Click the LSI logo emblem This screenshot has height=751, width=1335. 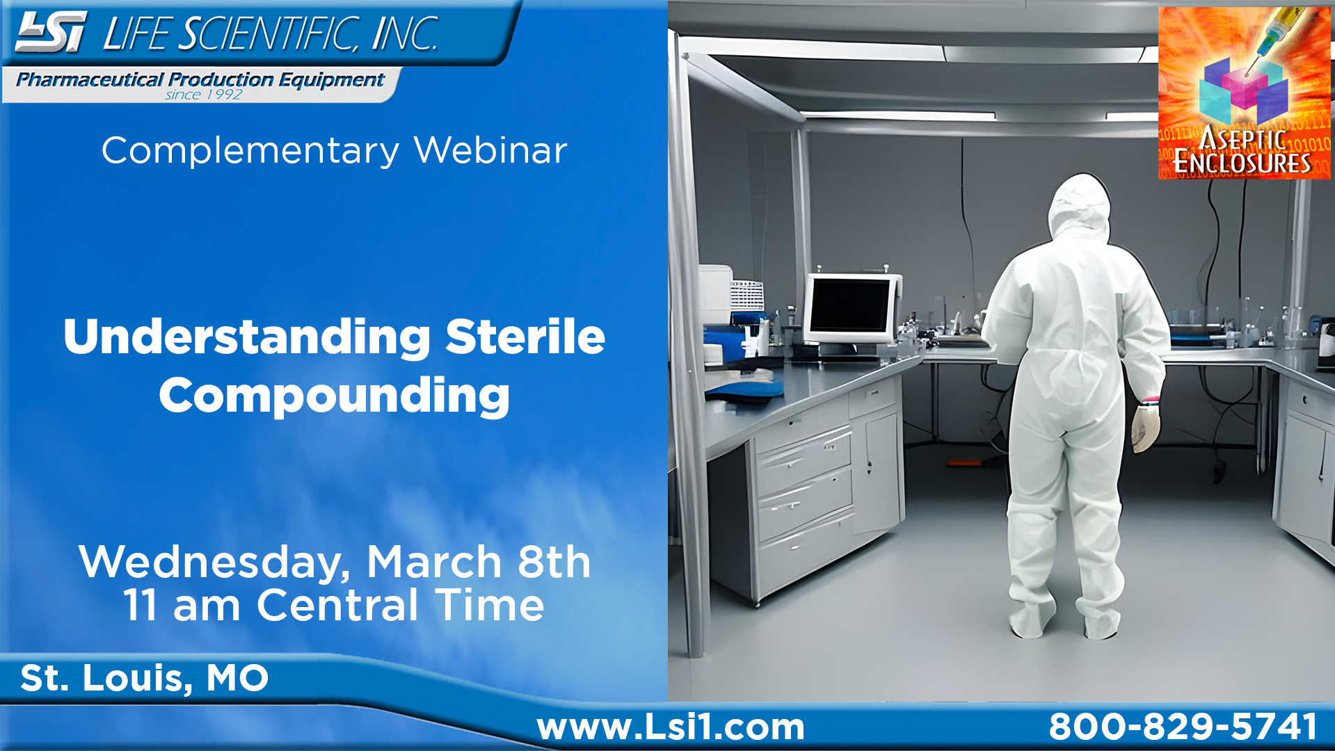coord(51,32)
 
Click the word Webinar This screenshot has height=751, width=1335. coord(490,150)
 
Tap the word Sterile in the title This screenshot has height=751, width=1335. coord(525,337)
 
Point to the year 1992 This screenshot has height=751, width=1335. coord(223,95)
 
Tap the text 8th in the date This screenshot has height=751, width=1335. coord(554,562)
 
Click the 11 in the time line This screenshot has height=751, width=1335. coord(141,605)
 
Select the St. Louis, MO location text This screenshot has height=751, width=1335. coord(144,678)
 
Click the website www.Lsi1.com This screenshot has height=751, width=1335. coord(671,727)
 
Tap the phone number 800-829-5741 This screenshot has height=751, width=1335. coord(1183,727)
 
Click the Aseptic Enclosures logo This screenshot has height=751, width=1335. coord(1244,93)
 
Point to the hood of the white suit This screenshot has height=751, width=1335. coord(1078,205)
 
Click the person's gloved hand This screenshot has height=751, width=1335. coord(1144,428)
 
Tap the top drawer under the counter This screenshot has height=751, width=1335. coord(804,453)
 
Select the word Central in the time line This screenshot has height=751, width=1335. coord(337,605)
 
